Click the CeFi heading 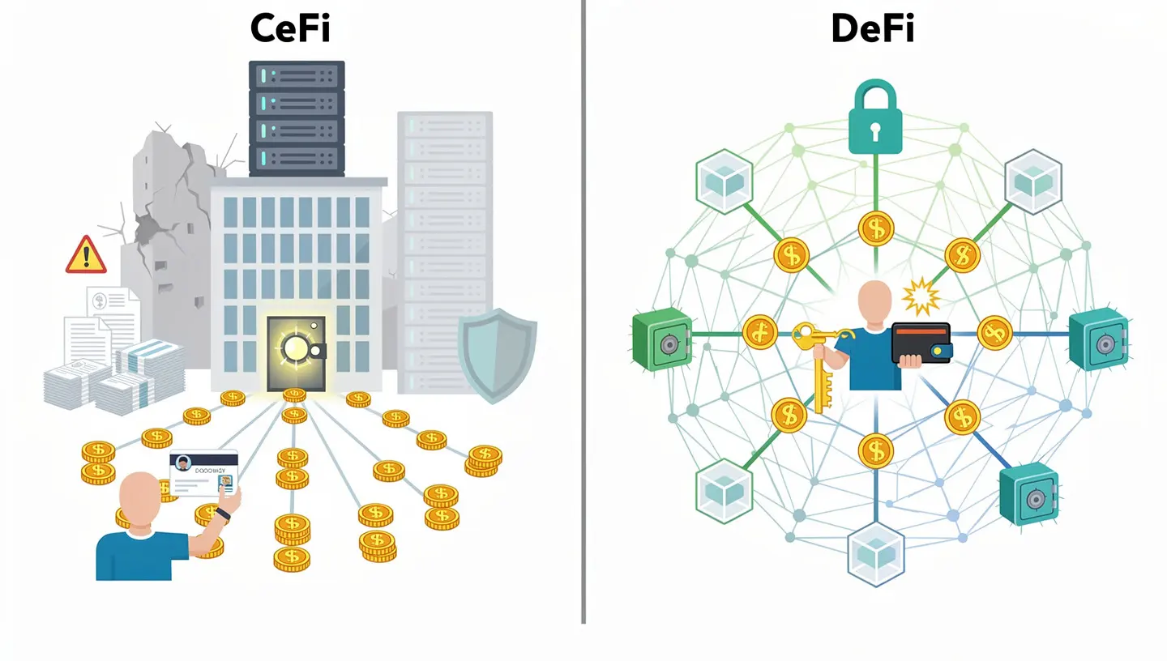click(x=290, y=28)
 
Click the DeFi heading click(x=874, y=28)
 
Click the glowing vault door click(x=296, y=352)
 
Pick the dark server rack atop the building click(x=297, y=118)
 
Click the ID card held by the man click(x=204, y=475)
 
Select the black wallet click(x=921, y=343)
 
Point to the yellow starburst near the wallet click(x=921, y=296)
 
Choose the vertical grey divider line click(x=583, y=324)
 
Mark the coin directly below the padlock click(x=876, y=228)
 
